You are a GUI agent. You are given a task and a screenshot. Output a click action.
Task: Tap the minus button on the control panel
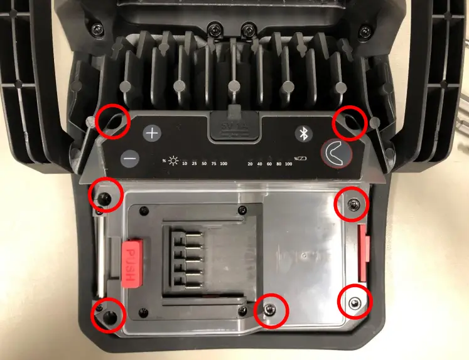pyautogui.click(x=129, y=159)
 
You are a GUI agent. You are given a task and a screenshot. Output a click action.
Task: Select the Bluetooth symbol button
pyautogui.click(x=305, y=134)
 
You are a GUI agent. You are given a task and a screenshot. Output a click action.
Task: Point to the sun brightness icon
pyautogui.click(x=173, y=160)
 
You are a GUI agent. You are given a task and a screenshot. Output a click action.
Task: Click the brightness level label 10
pyautogui.click(x=185, y=164)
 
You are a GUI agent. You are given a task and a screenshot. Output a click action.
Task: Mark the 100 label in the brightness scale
pyautogui.click(x=224, y=164)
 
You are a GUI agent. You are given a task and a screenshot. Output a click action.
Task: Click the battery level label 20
pyautogui.click(x=250, y=164)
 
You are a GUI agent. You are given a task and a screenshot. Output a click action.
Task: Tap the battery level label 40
pyautogui.click(x=259, y=164)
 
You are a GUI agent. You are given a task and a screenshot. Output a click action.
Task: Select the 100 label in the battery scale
pyautogui.click(x=289, y=164)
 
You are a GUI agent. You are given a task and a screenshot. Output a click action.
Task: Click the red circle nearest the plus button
pyautogui.click(x=113, y=122)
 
